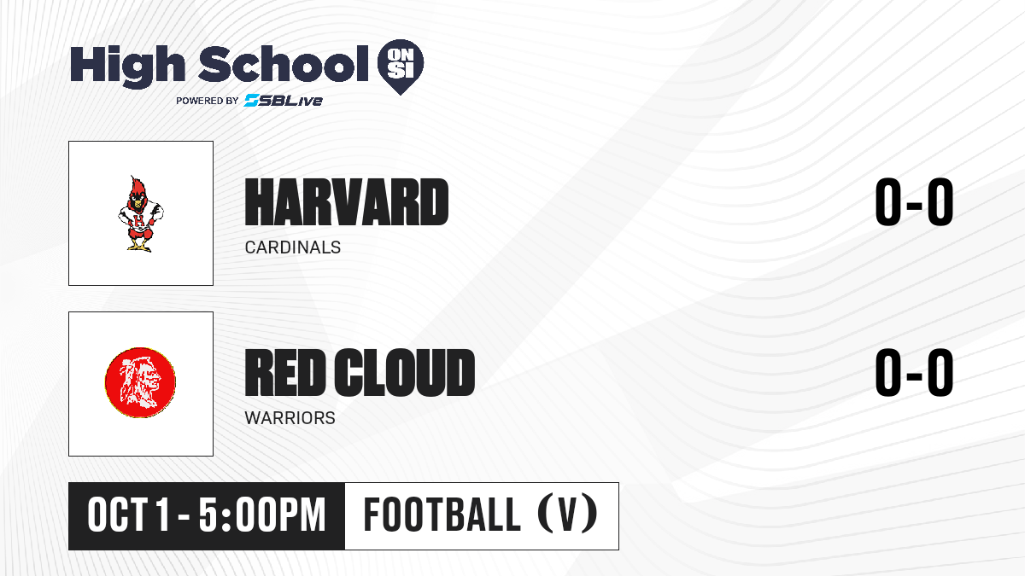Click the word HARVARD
point(347,202)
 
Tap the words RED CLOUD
point(360,372)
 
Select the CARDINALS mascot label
point(293,247)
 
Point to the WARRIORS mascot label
point(290,418)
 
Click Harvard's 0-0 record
point(914,201)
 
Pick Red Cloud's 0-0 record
point(914,372)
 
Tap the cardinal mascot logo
point(140,213)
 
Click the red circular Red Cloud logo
point(140,382)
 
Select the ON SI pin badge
point(401,67)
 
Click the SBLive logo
point(283,100)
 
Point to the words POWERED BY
point(208,101)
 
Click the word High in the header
point(127,66)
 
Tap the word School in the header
point(284,63)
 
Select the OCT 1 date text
point(129,515)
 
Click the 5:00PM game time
point(262,515)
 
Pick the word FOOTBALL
point(442,515)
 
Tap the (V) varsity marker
point(568,515)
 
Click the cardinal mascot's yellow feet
point(139,247)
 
